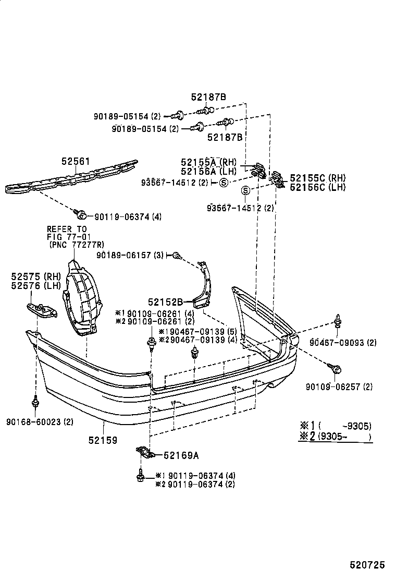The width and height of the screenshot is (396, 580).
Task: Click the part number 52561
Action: (x=76, y=162)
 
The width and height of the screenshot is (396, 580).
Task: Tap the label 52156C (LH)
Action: (x=317, y=187)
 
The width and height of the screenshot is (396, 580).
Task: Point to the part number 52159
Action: (x=103, y=440)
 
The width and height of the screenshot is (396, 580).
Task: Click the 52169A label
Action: (x=181, y=455)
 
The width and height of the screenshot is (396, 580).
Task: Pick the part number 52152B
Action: (x=165, y=301)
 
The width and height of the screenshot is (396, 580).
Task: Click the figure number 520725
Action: (x=367, y=565)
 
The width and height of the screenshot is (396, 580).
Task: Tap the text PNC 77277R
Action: (x=76, y=244)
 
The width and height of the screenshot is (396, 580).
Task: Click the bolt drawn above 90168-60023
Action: (x=36, y=402)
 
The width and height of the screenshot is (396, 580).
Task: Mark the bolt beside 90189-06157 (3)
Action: (x=177, y=256)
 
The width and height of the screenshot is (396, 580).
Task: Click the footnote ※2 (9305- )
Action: (x=336, y=437)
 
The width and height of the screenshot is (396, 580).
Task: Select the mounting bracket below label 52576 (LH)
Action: (x=43, y=310)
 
